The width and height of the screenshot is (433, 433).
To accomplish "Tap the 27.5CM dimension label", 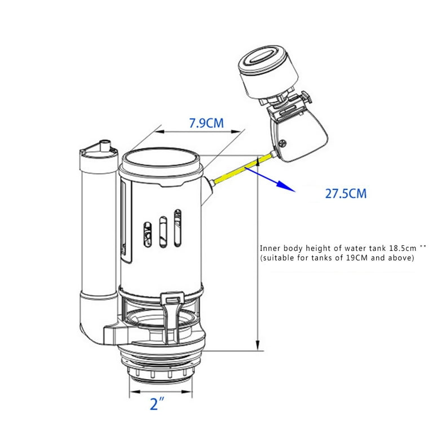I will coord(346,194).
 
